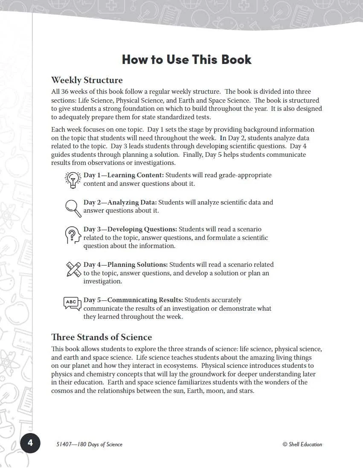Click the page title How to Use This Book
(x=186, y=59)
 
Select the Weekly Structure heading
(x=87, y=80)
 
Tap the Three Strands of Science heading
(x=102, y=337)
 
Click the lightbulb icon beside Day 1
(x=73, y=179)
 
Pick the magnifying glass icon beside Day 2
(x=73, y=208)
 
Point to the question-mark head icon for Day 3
(x=73, y=235)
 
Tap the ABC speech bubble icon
(x=72, y=303)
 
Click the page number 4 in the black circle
(x=30, y=444)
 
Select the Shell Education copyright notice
(x=302, y=444)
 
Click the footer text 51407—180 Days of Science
(x=89, y=444)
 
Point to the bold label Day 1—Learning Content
(x=123, y=175)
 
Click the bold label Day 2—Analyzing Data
(x=120, y=202)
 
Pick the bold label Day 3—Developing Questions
(x=130, y=229)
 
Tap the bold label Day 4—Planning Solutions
(x=125, y=265)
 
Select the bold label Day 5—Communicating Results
(x=133, y=300)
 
